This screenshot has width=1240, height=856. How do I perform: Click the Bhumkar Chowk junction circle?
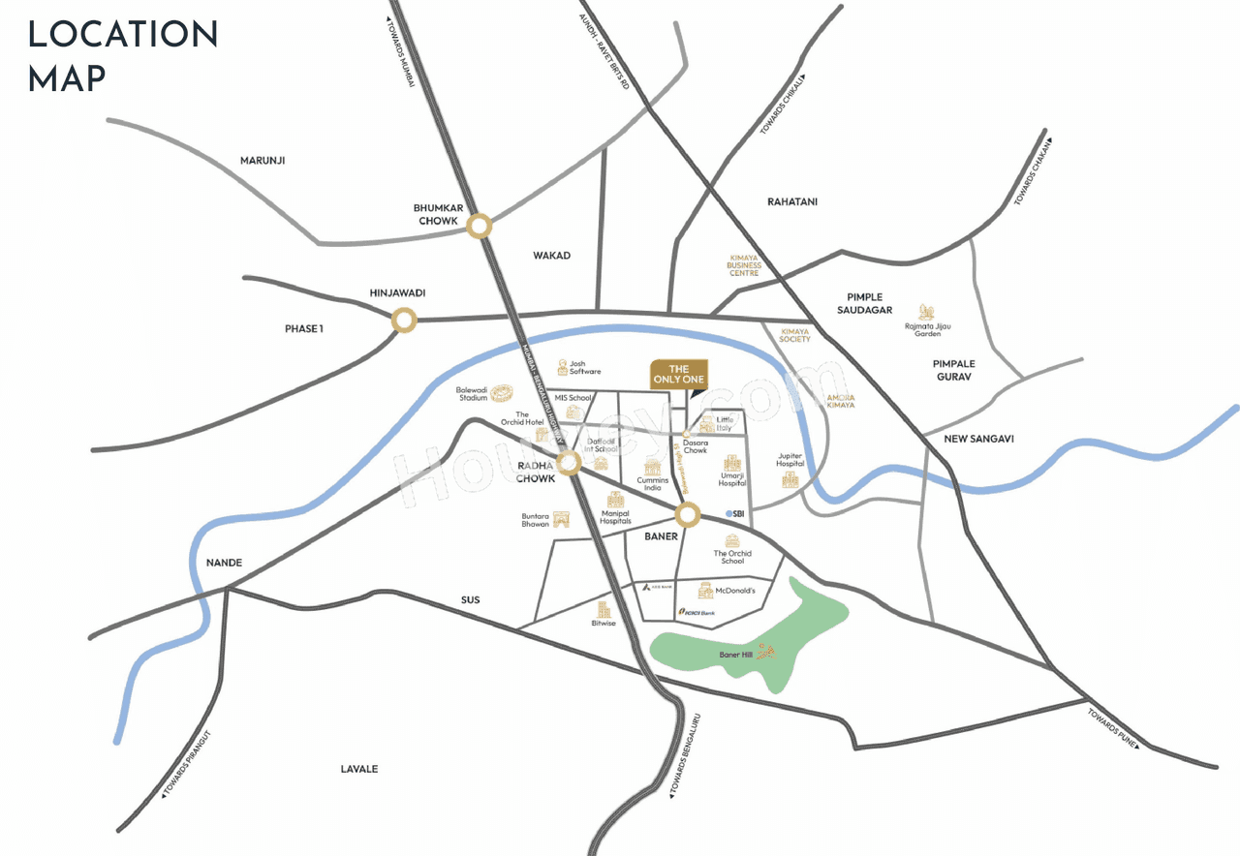pyautogui.click(x=479, y=228)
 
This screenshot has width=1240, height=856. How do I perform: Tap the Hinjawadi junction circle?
pyautogui.click(x=404, y=320)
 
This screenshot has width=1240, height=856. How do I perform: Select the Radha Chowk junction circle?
pyautogui.click(x=570, y=463)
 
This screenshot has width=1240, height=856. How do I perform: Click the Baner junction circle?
pyautogui.click(x=688, y=514)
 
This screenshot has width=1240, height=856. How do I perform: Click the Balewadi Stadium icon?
pyautogui.click(x=502, y=392)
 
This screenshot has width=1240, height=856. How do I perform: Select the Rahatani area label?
pyautogui.click(x=792, y=201)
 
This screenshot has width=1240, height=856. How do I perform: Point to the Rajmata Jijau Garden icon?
pyautogui.click(x=926, y=312)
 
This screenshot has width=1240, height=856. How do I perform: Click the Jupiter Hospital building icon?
pyautogui.click(x=790, y=479)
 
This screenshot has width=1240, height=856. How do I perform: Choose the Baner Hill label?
pyautogui.click(x=736, y=655)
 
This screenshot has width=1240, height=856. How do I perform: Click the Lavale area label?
pyautogui.click(x=359, y=769)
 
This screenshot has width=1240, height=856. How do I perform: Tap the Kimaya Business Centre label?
pyautogui.click(x=745, y=266)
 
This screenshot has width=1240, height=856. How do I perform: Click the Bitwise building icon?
pyautogui.click(x=604, y=610)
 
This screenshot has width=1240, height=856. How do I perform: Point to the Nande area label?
pyautogui.click(x=224, y=563)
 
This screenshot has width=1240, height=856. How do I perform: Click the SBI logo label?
pyautogui.click(x=734, y=513)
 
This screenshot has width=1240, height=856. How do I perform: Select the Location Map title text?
pyautogui.click(x=123, y=55)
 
